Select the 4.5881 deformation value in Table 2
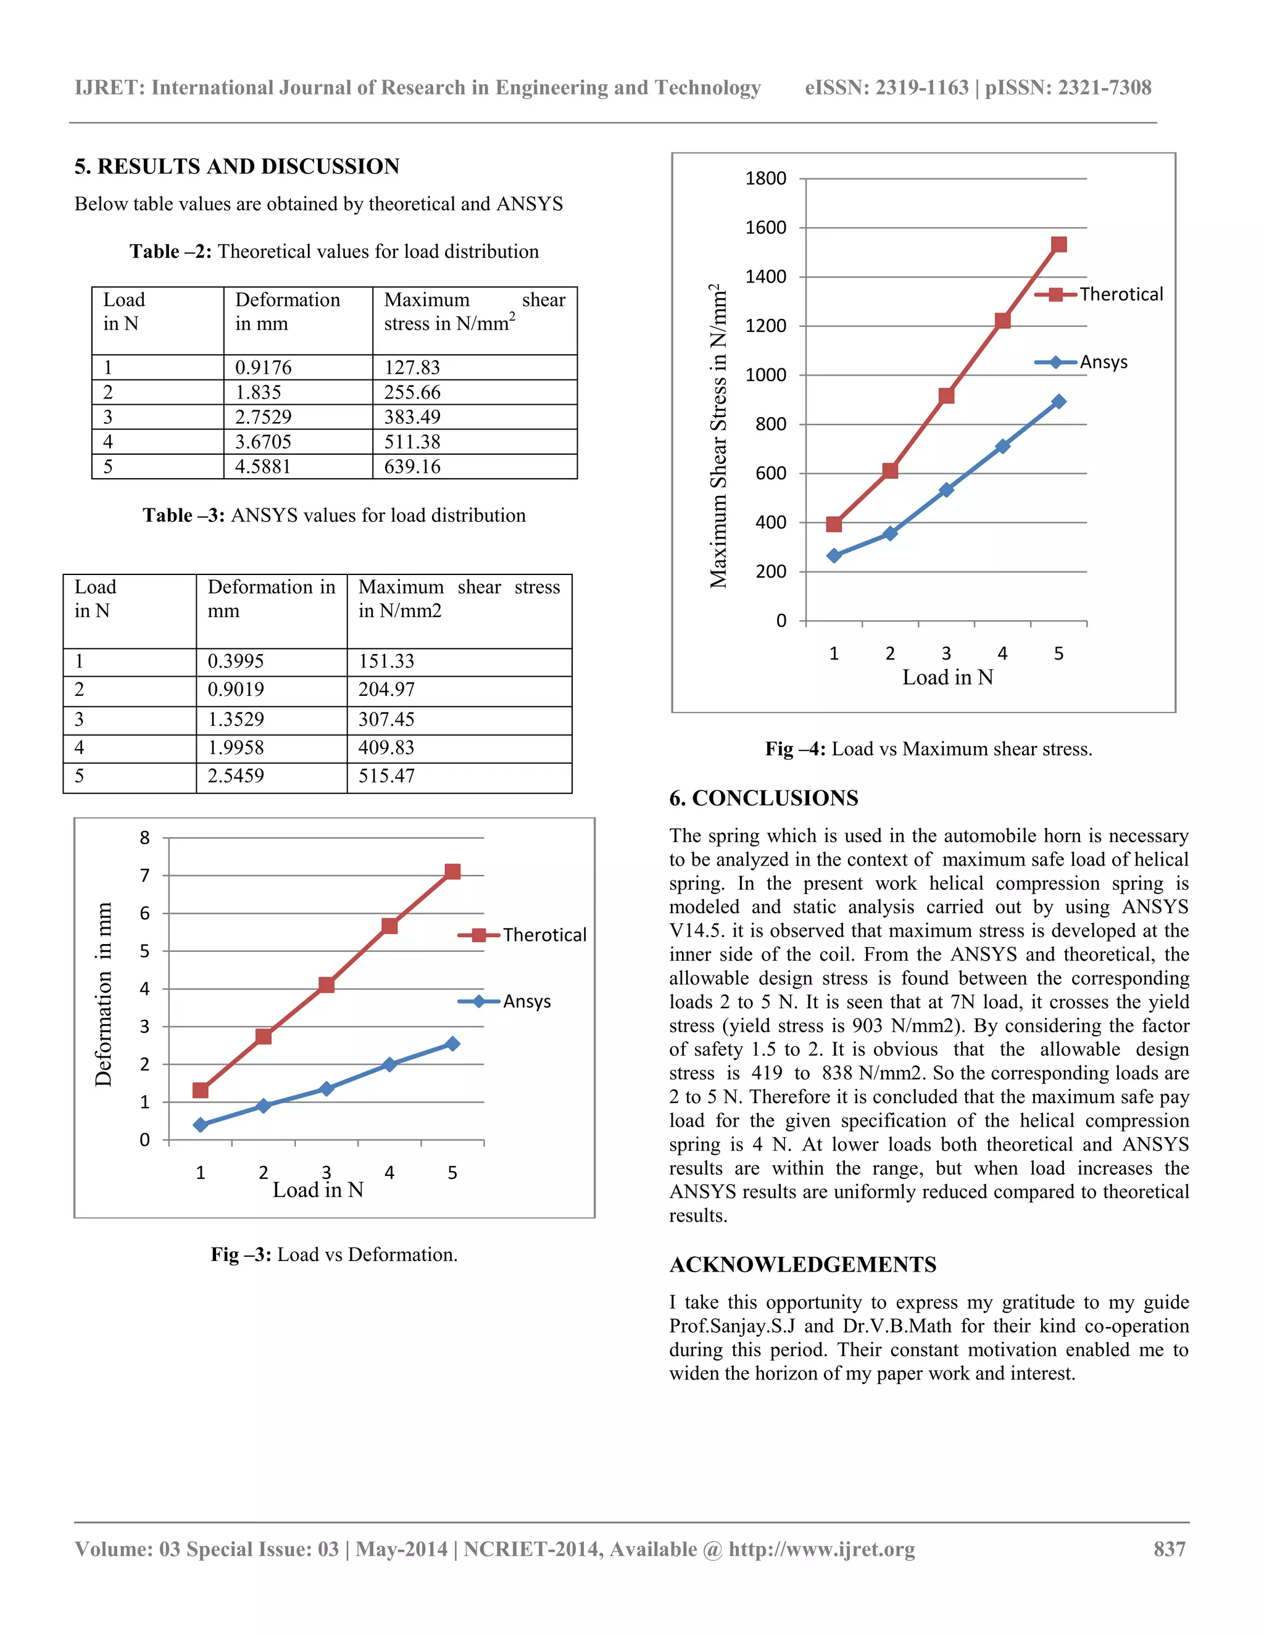point(263,466)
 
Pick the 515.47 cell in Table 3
point(386,776)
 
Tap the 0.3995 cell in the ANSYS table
point(236,661)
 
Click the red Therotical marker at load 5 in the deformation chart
point(452,871)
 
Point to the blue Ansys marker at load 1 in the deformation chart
point(200,1124)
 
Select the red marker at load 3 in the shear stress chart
point(946,395)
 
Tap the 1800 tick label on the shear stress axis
point(765,179)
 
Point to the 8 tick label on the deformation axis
point(144,838)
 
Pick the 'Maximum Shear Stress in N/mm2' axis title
point(718,436)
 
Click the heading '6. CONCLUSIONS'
point(764,798)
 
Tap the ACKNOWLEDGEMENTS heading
point(803,1264)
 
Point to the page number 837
point(1169,1549)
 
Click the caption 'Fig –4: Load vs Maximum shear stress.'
point(928,748)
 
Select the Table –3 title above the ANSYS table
point(334,515)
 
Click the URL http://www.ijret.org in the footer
point(821,1549)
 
